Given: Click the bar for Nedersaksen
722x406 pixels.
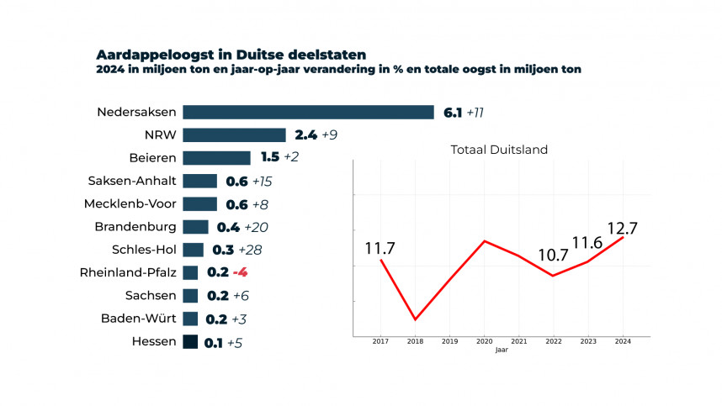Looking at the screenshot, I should tap(307, 113).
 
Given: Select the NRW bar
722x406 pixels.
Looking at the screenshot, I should tap(234, 135).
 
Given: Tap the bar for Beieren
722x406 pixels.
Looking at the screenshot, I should tap(216, 158).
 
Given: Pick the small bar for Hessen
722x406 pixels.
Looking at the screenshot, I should tap(190, 341).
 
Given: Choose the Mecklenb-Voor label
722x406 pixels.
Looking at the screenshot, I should tap(130, 203).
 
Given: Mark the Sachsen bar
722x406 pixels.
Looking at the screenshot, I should tap(190, 296).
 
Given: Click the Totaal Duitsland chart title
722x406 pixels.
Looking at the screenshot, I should tap(499, 150).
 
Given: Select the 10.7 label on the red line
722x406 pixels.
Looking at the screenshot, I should tap(554, 256).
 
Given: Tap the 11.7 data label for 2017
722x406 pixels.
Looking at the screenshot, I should tap(380, 249).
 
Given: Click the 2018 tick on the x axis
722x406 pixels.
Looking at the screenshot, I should tap(415, 342).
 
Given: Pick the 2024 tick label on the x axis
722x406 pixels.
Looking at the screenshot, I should tap(623, 342).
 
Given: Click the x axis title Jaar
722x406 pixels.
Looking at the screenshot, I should tap(502, 350).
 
